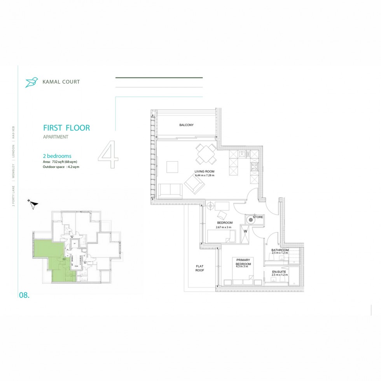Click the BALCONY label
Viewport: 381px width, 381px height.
[x=186, y=125]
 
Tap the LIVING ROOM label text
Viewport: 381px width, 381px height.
[x=204, y=171]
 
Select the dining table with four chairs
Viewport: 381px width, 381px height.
[x=206, y=154]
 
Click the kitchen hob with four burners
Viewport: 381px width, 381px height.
[x=255, y=167]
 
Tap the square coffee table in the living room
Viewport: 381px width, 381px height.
[x=173, y=167]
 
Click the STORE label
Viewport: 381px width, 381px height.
[x=258, y=217]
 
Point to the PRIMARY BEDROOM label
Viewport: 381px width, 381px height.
[x=243, y=261]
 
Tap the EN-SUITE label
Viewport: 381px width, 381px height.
[x=279, y=272]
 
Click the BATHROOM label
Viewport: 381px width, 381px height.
[x=280, y=250]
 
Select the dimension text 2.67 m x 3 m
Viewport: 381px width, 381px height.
[x=224, y=227]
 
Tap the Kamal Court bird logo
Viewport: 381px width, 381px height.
[x=31, y=82]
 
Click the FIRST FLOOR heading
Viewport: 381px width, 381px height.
[x=66, y=128]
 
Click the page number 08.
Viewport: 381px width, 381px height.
[x=24, y=295]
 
